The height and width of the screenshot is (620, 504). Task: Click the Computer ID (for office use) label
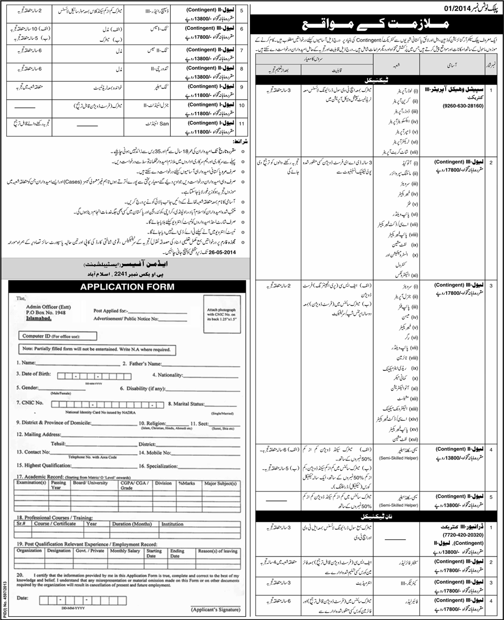coord(50,336)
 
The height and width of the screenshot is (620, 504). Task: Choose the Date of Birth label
coord(35,375)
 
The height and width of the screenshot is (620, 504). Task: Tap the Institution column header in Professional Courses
coord(172,523)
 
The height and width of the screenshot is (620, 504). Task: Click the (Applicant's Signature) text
coord(216,610)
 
